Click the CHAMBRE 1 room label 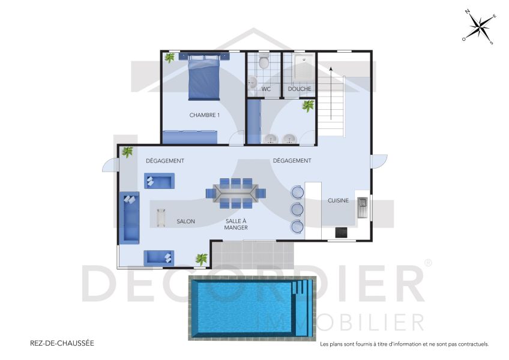point(204,115)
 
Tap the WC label point(266,89)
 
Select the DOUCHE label point(299,89)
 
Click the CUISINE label point(338,200)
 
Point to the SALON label point(185,221)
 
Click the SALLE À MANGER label point(236,224)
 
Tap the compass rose point(478,27)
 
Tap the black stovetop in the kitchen point(341,233)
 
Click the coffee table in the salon point(160,217)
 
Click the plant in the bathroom point(308,106)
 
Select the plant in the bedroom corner point(170,58)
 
